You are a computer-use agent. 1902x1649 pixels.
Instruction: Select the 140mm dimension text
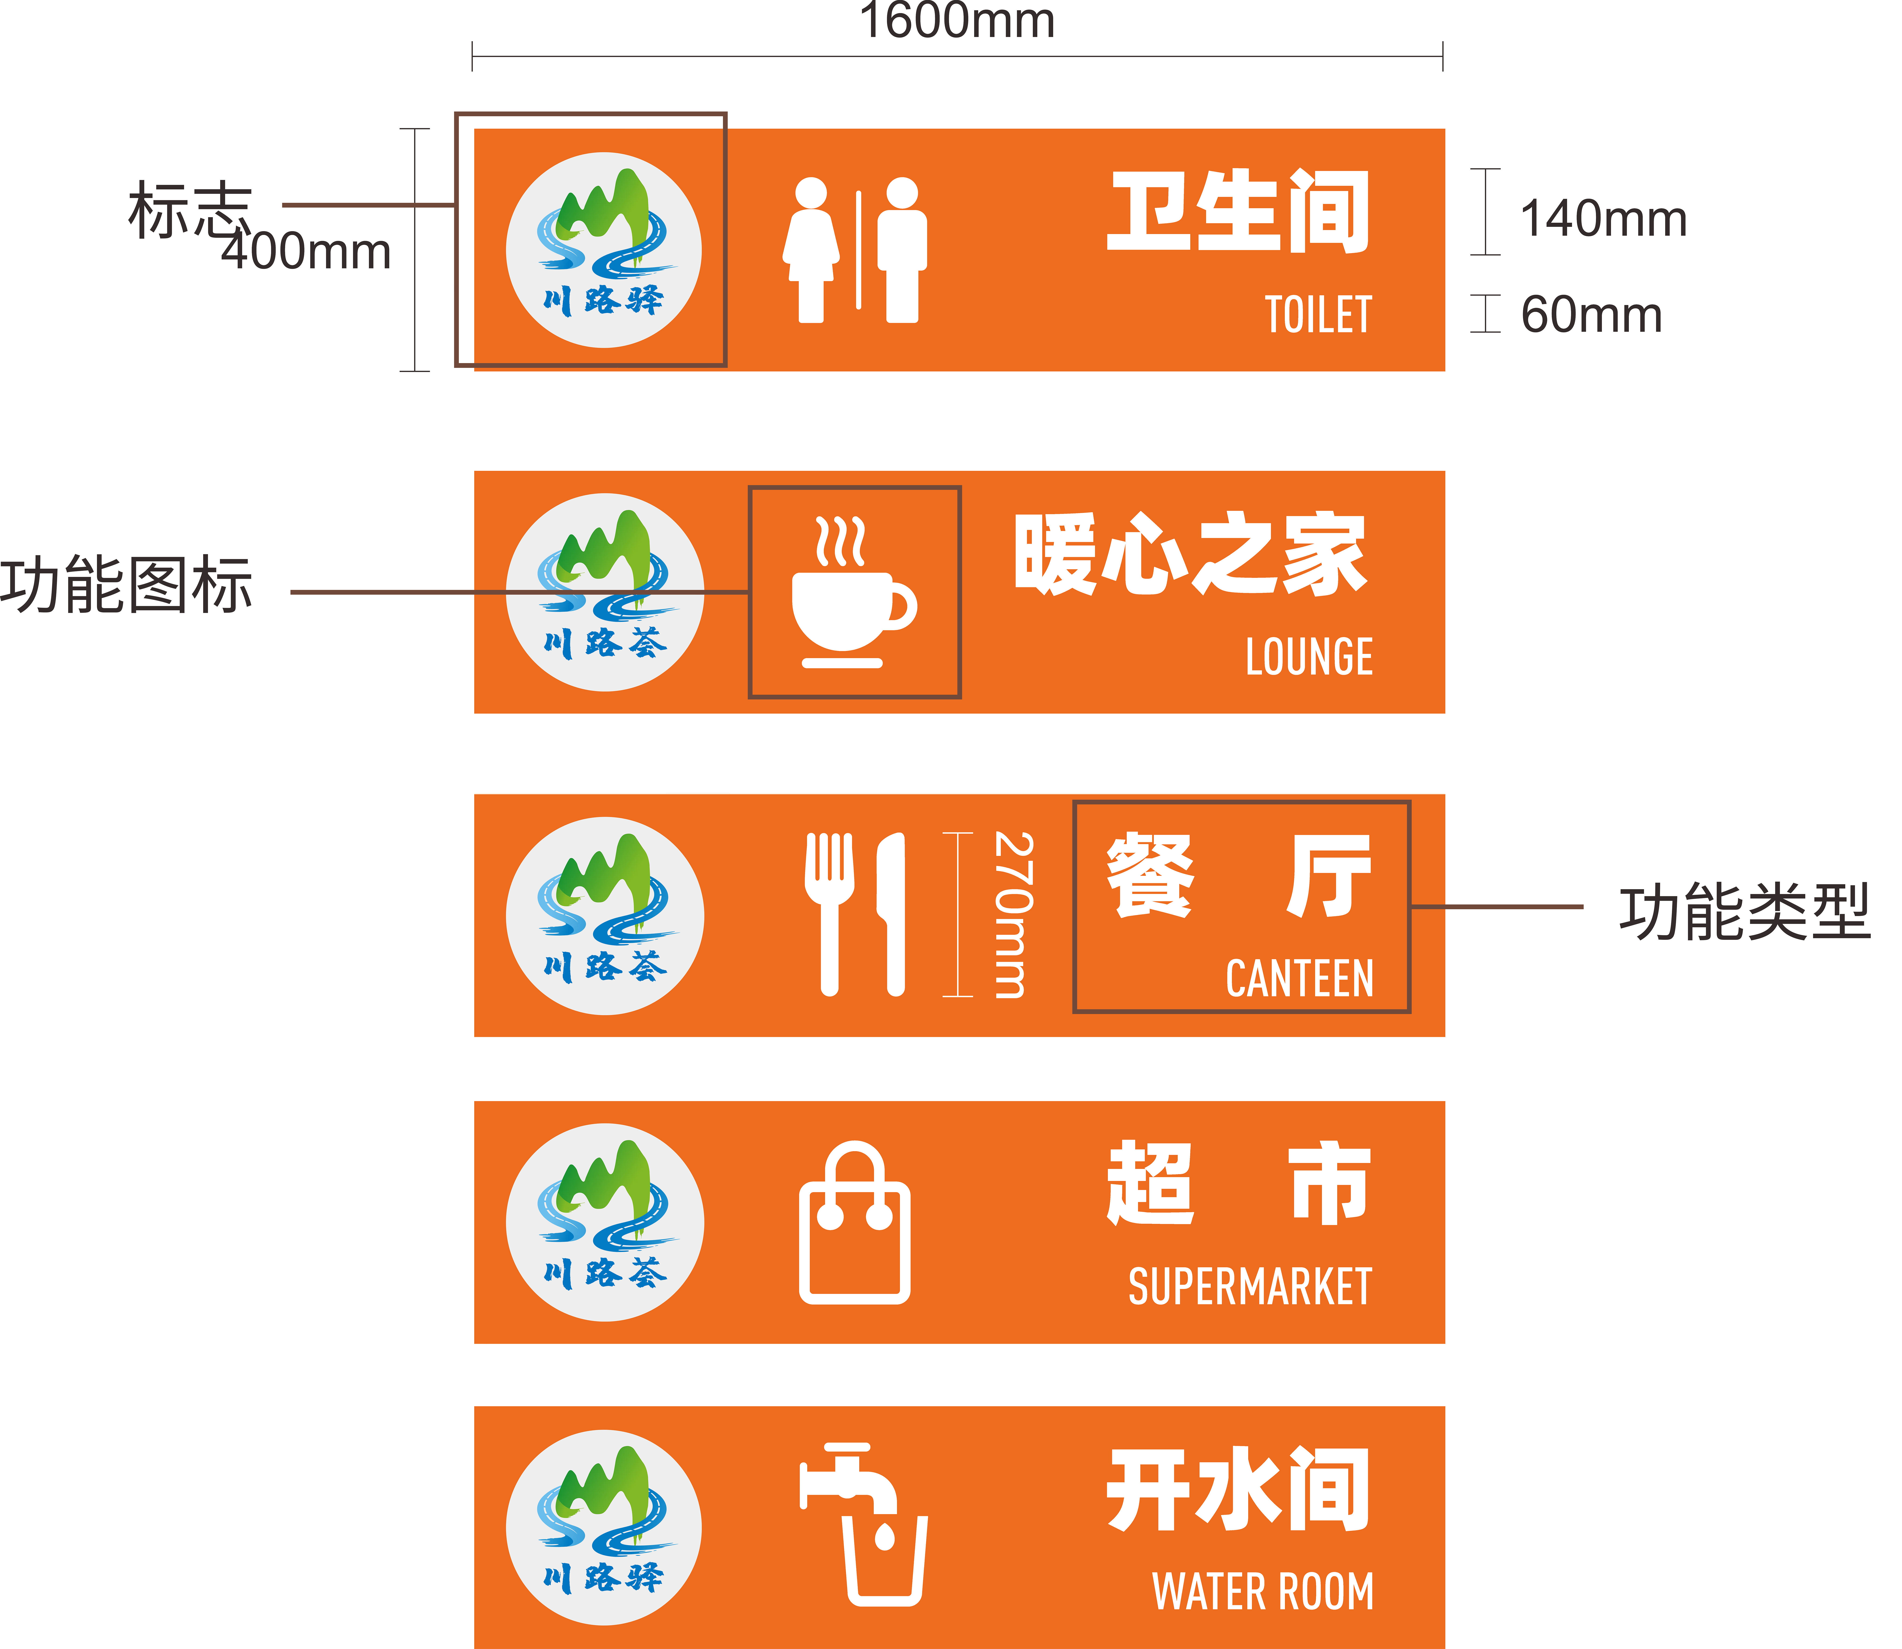(x=1603, y=219)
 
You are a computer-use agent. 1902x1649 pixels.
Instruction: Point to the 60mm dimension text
(x=1591, y=315)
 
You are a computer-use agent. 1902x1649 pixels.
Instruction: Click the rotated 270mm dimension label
(x=1012, y=915)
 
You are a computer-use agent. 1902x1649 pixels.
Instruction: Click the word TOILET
(x=1318, y=316)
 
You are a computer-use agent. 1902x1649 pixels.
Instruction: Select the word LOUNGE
(x=1309, y=657)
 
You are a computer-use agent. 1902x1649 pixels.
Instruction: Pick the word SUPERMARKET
(x=1250, y=1286)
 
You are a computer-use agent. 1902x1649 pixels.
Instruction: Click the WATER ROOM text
(x=1263, y=1592)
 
